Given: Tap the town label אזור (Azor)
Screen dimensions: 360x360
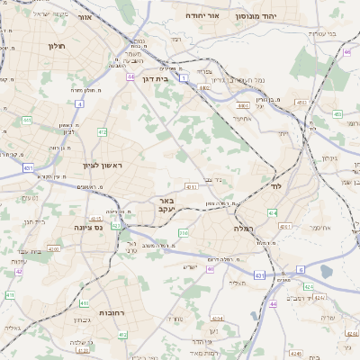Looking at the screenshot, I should click(85, 17).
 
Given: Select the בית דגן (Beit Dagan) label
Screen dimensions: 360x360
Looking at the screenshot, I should click(157, 78).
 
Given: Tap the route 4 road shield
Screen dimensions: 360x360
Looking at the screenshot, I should click(79, 103).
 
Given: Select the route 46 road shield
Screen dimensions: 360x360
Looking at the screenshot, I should click(347, 52).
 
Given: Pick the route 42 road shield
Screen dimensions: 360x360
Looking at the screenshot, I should click(19, 270).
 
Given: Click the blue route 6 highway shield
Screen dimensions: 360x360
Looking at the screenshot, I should click(300, 269).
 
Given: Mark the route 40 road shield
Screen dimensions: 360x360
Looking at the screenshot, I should click(210, 268).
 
